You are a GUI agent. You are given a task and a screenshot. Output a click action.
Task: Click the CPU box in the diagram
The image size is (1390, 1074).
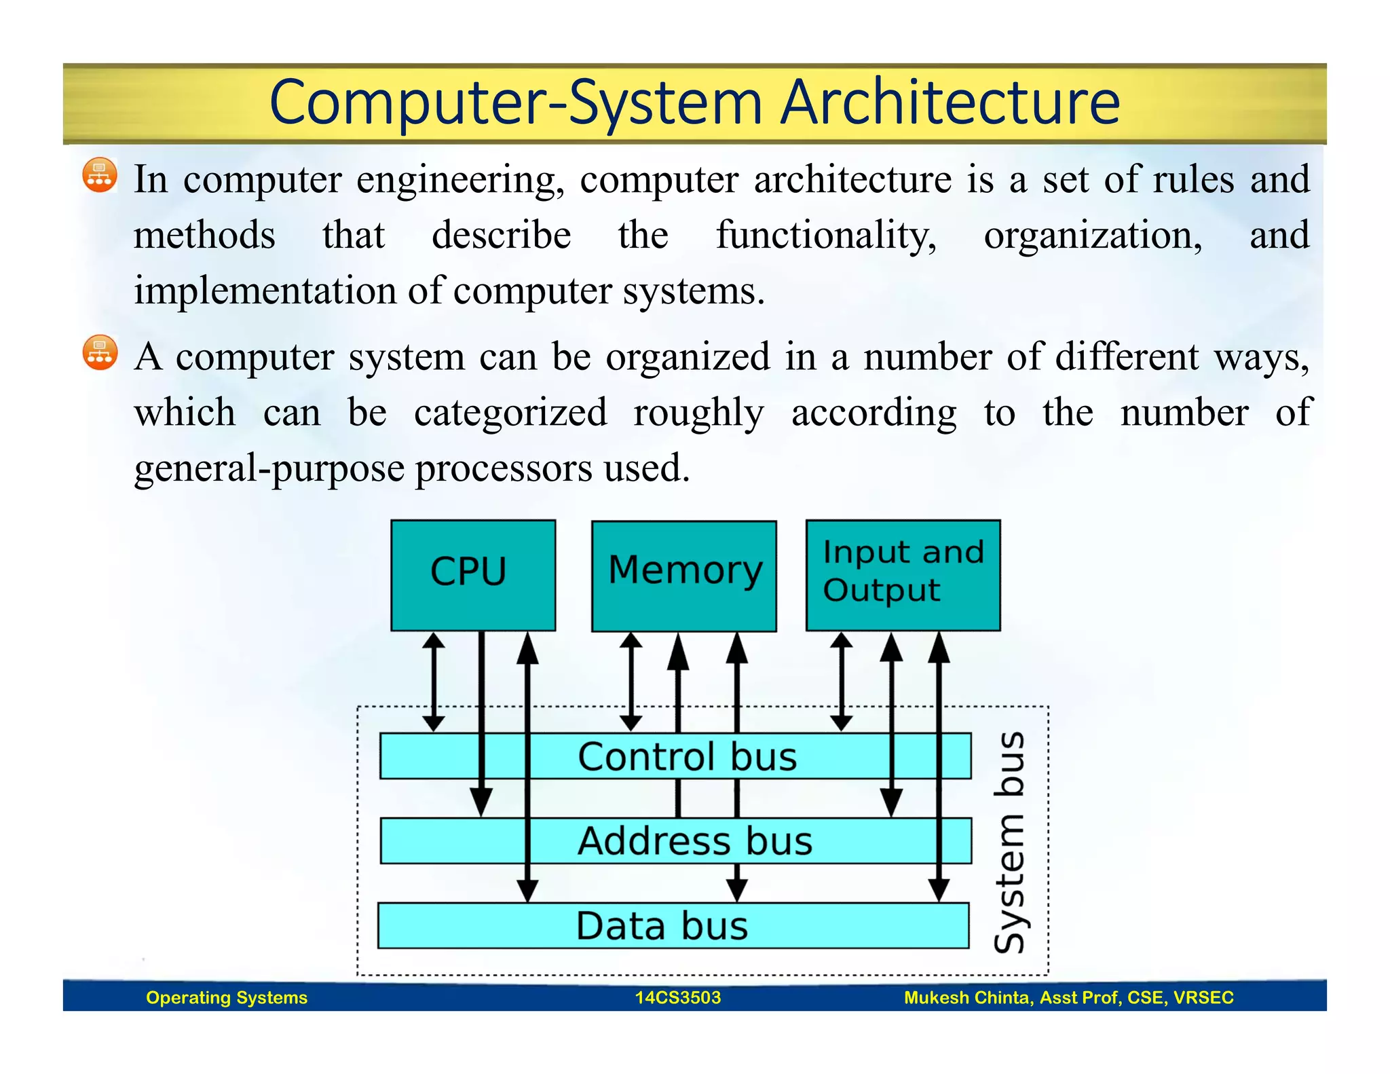point(473,575)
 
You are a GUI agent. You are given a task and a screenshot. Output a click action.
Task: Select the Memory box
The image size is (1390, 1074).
point(683,576)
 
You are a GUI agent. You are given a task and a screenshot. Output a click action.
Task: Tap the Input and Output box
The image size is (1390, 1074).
point(903,575)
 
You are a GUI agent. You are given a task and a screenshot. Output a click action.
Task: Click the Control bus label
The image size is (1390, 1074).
point(687,756)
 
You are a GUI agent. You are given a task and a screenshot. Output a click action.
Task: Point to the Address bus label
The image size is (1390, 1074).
point(694,841)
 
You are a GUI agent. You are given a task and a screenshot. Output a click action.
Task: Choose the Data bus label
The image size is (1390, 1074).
point(662,926)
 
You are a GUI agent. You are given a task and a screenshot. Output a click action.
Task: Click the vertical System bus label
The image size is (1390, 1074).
point(1009,842)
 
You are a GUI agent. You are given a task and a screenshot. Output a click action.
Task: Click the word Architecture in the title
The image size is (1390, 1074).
point(950,103)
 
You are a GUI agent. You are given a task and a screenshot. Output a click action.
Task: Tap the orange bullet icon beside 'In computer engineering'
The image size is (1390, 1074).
point(100,175)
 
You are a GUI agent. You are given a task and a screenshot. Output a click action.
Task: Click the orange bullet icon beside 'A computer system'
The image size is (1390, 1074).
point(100,352)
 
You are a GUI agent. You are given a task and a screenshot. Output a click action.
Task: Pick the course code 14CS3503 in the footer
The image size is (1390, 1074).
point(677,997)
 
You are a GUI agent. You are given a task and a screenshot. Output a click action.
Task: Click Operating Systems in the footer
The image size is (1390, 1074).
point(227,997)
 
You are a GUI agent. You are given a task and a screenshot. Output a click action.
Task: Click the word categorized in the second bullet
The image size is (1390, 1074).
point(510,413)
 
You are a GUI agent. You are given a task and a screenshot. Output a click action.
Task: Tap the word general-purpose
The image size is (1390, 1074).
point(269,468)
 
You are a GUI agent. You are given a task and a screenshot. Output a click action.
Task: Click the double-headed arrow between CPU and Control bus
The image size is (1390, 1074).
point(433,682)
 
